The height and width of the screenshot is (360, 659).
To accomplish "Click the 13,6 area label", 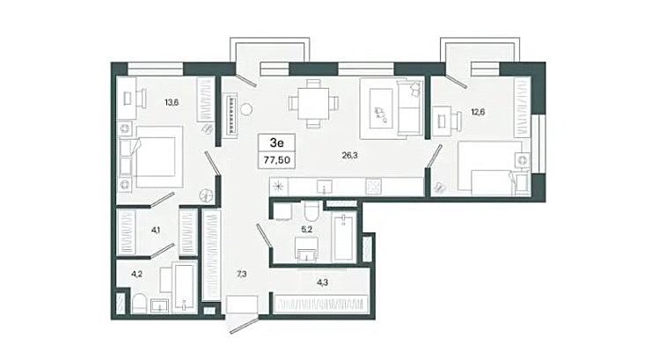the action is [172, 102].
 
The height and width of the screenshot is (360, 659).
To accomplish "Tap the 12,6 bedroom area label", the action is [478, 112].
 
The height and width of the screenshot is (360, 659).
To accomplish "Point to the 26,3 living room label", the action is [349, 155].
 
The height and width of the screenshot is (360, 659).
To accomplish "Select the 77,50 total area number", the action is [277, 160].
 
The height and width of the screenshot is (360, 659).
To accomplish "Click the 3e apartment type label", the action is [276, 143].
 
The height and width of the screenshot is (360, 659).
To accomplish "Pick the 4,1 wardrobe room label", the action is [156, 230].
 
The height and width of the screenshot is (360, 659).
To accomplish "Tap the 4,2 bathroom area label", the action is [136, 274].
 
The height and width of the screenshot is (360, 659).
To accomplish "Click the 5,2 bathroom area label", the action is [307, 229].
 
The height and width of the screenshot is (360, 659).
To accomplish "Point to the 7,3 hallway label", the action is [241, 275].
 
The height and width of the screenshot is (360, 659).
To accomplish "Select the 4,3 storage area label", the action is [322, 283].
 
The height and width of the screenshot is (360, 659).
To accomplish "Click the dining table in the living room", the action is [313, 103].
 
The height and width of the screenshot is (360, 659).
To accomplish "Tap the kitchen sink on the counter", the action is [324, 187].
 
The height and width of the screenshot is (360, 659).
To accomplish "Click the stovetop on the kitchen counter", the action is [373, 187].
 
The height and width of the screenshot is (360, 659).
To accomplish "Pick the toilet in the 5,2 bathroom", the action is [311, 211].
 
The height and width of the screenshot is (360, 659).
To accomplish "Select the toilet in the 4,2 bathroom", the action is [139, 304].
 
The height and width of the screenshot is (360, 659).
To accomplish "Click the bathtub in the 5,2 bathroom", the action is [344, 237].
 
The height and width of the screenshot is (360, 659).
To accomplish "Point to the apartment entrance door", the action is [244, 326].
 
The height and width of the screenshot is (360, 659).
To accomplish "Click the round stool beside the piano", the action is [245, 110].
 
